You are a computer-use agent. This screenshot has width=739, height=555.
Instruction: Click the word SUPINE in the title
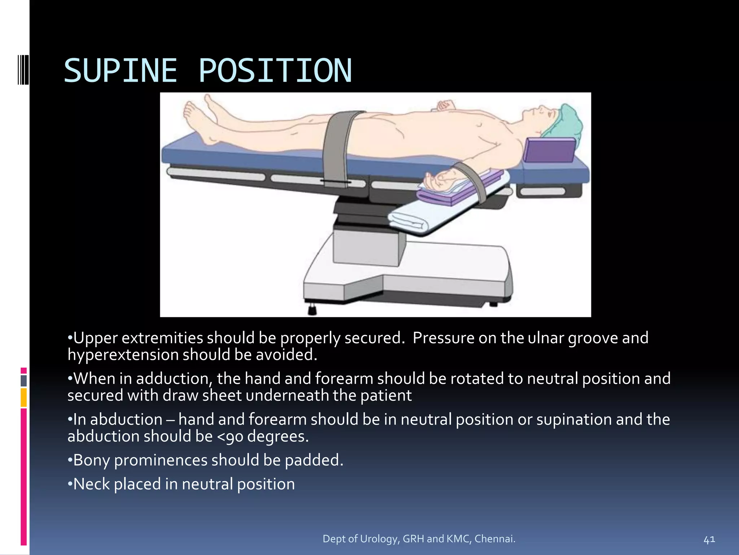click(x=121, y=71)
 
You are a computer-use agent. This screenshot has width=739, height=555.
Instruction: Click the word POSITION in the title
click(x=275, y=71)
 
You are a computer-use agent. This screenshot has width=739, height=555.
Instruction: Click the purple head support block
click(x=549, y=149)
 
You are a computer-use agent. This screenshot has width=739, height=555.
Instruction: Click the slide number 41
click(x=709, y=540)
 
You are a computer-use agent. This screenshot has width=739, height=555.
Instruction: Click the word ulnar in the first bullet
click(x=546, y=338)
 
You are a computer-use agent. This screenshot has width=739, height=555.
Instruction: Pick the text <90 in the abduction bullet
click(x=230, y=436)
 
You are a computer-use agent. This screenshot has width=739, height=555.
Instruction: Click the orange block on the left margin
click(x=23, y=397)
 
